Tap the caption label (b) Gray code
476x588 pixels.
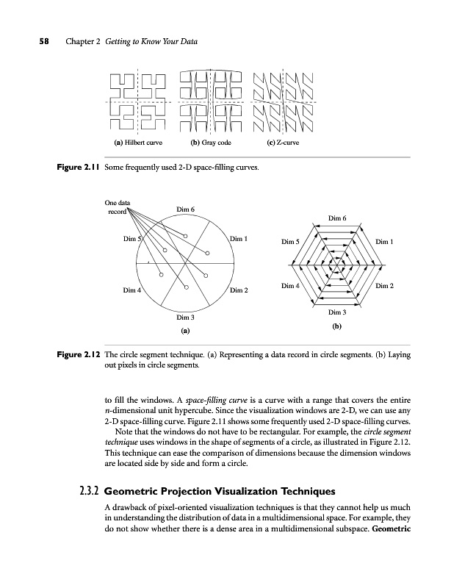(x=211, y=142)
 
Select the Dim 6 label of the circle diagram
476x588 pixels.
(x=186, y=211)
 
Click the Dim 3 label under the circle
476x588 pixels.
(x=185, y=318)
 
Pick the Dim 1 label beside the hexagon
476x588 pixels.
(x=385, y=241)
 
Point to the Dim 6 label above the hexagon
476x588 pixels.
(x=337, y=218)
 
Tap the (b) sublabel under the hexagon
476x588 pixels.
(x=336, y=324)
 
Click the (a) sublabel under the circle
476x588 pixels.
(x=185, y=331)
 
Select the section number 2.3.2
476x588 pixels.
(x=89, y=491)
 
